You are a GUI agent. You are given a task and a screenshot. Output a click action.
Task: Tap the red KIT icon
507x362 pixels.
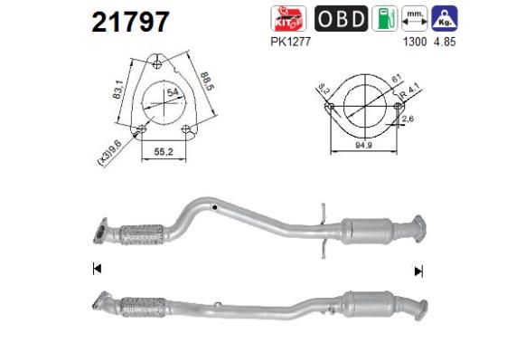(288, 19)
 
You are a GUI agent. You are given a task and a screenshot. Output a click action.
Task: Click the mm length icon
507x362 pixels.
(415, 19)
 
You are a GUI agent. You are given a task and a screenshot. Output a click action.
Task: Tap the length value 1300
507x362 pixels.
(414, 41)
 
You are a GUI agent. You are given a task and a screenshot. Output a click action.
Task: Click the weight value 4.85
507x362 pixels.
(445, 41)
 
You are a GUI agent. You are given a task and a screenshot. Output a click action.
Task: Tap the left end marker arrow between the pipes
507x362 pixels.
(96, 269)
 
